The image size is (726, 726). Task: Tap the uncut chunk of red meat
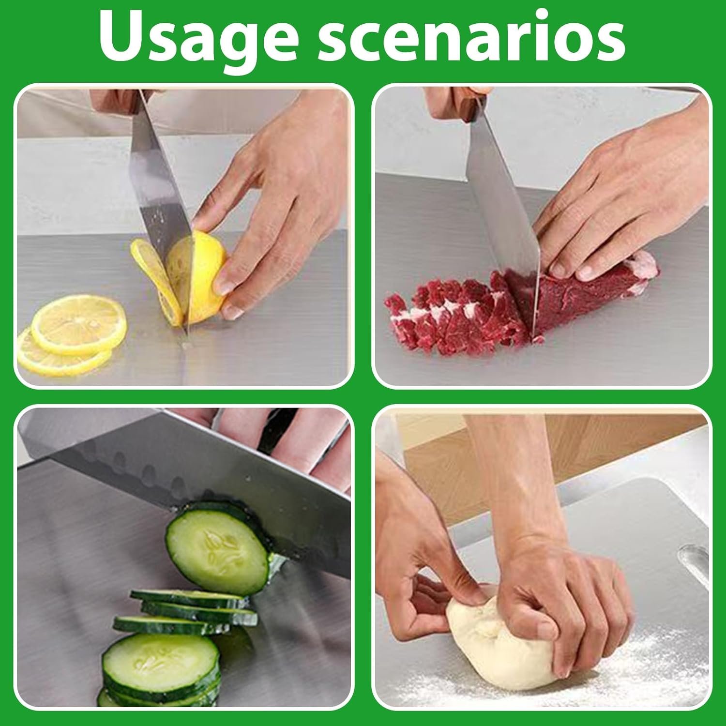tap(595, 290)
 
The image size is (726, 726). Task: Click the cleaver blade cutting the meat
tap(503, 218)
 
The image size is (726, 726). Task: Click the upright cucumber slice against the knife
tap(218, 547)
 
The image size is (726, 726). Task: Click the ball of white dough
tap(499, 644)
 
